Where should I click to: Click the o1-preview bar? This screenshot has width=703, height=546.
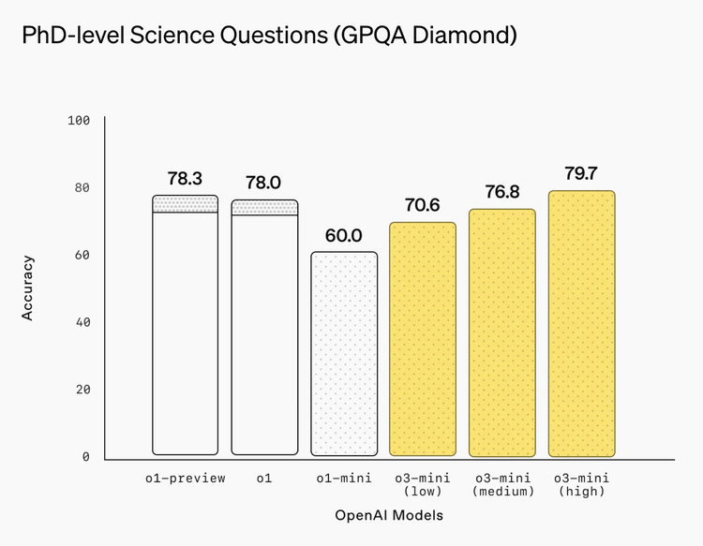pyautogui.click(x=186, y=328)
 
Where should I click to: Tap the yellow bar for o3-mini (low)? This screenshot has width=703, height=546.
pyautogui.click(x=424, y=339)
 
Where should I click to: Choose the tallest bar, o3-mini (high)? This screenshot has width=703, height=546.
pyautogui.click(x=582, y=323)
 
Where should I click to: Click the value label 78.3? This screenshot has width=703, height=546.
pyautogui.click(x=186, y=178)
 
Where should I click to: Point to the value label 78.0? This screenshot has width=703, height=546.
pyautogui.click(x=264, y=183)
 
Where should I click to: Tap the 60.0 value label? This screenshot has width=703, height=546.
pyautogui.click(x=344, y=235)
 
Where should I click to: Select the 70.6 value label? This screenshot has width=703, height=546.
pyautogui.click(x=424, y=205)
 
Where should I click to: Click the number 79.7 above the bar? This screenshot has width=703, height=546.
pyautogui.click(x=582, y=173)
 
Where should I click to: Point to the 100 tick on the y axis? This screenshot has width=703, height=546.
pyautogui.click(x=78, y=121)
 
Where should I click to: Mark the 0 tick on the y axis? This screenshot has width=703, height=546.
pyautogui.click(x=85, y=457)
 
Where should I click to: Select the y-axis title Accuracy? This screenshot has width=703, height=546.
pyautogui.click(x=28, y=288)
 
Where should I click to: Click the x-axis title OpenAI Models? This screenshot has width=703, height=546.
pyautogui.click(x=389, y=515)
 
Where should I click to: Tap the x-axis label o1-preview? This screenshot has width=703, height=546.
pyautogui.click(x=186, y=479)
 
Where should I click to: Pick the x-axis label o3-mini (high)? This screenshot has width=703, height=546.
pyautogui.click(x=581, y=484)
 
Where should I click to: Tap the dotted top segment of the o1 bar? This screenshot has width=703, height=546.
pyautogui.click(x=264, y=208)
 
